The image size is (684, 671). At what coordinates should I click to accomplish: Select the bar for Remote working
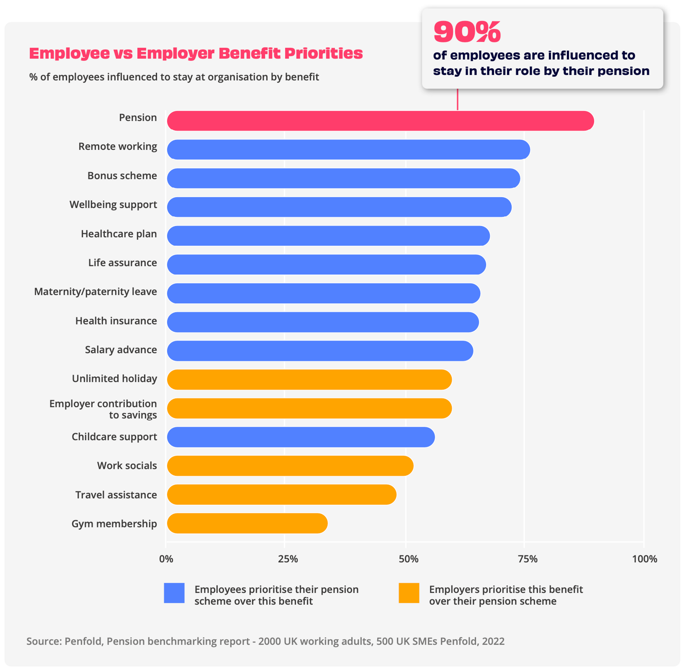348,149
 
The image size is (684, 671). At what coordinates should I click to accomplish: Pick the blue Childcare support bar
301,437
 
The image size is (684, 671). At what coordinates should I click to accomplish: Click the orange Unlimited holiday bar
309,380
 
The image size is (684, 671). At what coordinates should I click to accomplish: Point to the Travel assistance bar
281,494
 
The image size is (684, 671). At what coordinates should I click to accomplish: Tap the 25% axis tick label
288,559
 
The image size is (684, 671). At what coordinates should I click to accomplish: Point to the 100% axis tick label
644,559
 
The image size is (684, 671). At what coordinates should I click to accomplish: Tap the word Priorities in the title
323,53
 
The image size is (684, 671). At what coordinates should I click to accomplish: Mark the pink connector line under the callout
457,99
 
